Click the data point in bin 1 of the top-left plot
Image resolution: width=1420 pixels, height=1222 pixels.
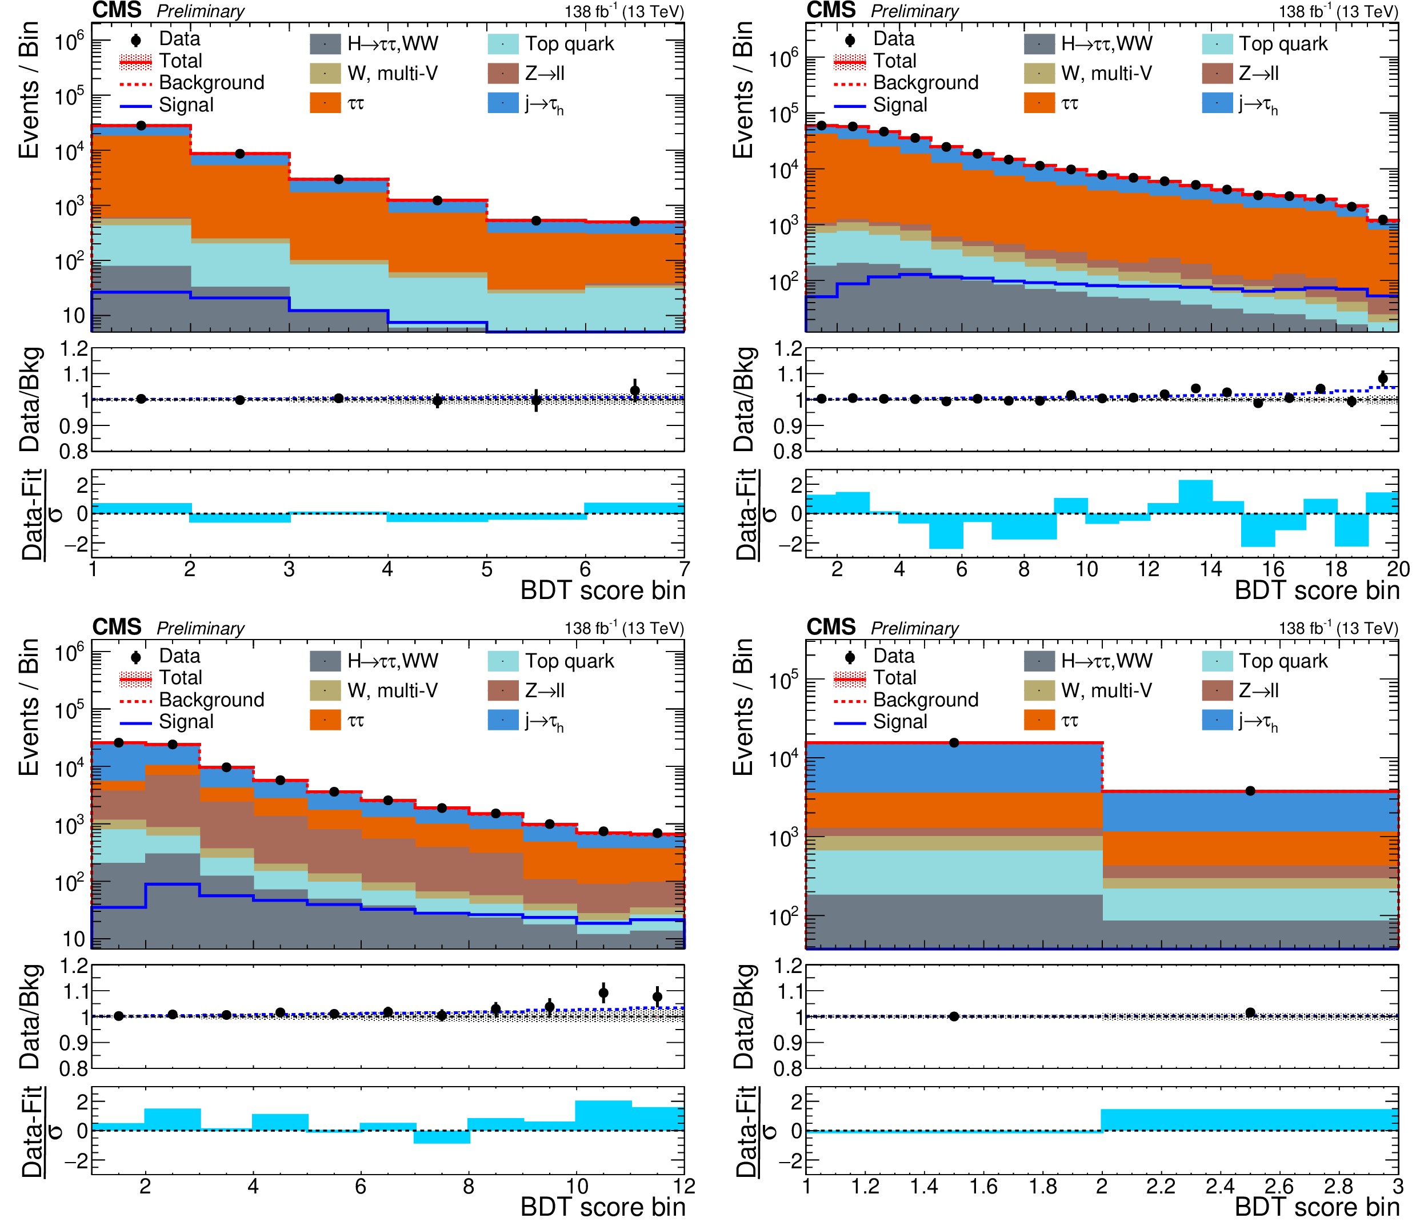click(x=141, y=126)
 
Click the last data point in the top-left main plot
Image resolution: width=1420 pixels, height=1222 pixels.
click(x=635, y=221)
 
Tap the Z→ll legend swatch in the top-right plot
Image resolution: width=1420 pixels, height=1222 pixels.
click(x=1217, y=73)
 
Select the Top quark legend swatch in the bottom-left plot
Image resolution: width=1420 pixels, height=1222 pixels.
click(x=503, y=661)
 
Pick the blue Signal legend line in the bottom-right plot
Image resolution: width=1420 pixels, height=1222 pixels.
click(x=850, y=722)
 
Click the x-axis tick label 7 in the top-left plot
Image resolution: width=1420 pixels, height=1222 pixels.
click(x=683, y=569)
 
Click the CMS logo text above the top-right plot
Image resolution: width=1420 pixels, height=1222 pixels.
click(x=831, y=10)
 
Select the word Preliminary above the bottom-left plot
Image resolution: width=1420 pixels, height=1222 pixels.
click(x=200, y=629)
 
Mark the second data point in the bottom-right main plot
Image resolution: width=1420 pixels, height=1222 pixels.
click(x=1250, y=791)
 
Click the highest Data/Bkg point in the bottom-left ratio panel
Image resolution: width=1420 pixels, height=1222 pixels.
click(x=603, y=992)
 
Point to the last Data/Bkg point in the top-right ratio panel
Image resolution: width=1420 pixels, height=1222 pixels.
click(x=1382, y=378)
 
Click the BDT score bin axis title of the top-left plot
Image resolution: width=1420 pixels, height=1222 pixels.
click(x=602, y=590)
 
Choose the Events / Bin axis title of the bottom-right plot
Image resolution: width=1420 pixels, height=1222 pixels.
click(x=743, y=707)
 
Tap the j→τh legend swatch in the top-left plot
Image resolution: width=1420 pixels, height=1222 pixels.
click(x=503, y=103)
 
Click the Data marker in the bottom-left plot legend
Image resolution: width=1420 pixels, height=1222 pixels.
click(x=135, y=657)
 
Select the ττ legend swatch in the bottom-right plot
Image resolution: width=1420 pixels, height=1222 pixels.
click(x=1039, y=720)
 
